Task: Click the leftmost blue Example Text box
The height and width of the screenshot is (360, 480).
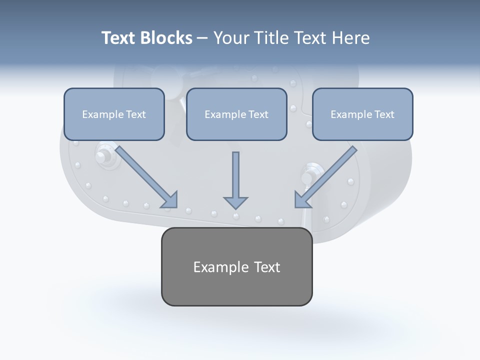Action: coord(114,114)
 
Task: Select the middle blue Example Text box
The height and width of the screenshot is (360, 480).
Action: coord(236,114)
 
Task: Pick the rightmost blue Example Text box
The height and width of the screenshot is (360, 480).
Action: coord(362,114)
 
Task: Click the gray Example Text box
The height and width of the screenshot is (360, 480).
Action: coord(236,266)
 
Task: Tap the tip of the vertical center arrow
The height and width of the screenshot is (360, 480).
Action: coord(235,208)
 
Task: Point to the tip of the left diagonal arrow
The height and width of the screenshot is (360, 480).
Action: coord(176,206)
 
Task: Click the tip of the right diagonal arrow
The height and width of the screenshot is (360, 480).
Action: coord(295,206)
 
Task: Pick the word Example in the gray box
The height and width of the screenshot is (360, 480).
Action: coord(221,267)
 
